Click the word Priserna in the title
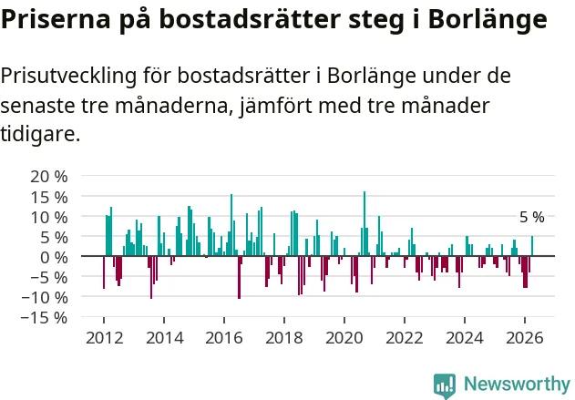[56, 20]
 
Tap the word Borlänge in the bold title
[488, 20]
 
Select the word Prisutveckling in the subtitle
[68, 77]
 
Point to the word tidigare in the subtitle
[40, 133]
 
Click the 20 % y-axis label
[49, 177]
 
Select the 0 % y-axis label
[54, 258]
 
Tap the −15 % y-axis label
[45, 317]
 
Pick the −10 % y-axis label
[45, 298]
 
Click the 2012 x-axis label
[105, 338]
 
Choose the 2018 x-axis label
[284, 338]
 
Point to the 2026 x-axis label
[525, 338]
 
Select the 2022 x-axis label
[405, 338]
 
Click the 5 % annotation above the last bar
[532, 218]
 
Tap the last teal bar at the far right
[532, 246]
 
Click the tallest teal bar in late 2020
[365, 223]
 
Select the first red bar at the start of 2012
[104, 272]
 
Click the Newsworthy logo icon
[445, 386]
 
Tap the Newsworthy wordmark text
[517, 385]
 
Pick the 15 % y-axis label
[49, 198]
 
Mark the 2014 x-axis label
[165, 338]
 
